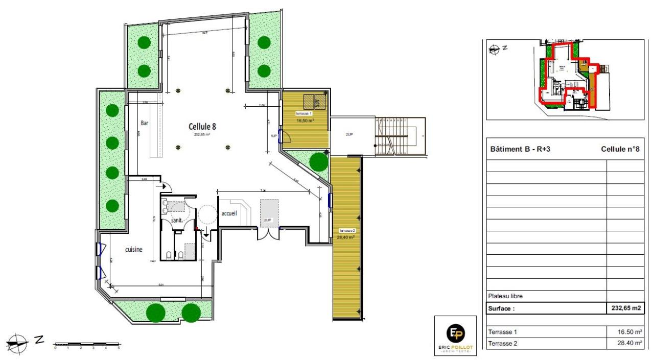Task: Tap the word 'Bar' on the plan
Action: tap(145, 123)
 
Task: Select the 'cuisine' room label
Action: tap(134, 250)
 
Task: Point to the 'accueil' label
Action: tap(229, 213)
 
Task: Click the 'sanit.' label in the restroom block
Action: tap(177, 220)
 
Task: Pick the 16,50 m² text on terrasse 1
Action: tap(305, 121)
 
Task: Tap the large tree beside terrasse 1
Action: tap(319, 162)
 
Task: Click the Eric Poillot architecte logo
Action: tap(455, 335)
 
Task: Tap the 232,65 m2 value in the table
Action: tap(626, 308)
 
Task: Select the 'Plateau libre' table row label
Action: tap(506, 296)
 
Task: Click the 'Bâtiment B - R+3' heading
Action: tap(520, 150)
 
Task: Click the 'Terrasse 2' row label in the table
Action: tap(503, 344)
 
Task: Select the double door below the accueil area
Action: tap(268, 233)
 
